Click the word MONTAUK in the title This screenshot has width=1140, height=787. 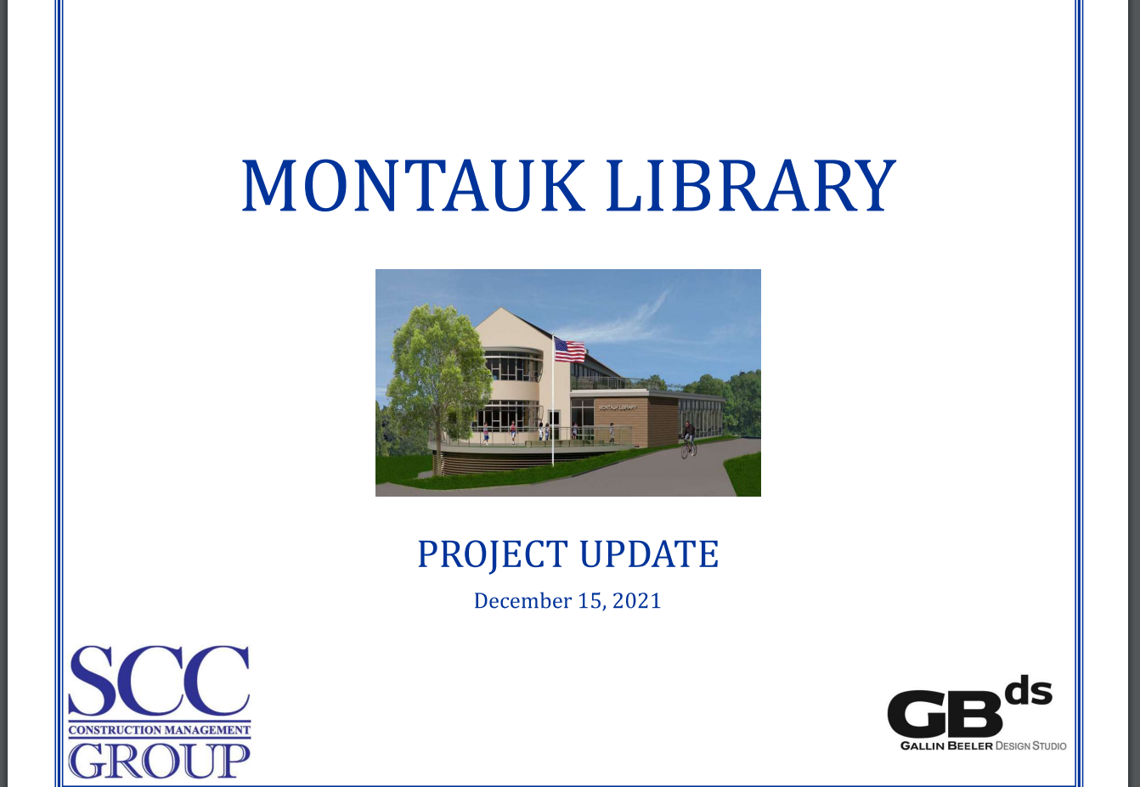413,185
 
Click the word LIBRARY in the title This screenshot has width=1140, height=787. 751,185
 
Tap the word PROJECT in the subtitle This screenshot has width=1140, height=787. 492,554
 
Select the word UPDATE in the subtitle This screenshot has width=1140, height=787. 649,554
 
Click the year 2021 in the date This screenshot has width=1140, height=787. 636,601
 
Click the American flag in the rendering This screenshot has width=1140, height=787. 569,350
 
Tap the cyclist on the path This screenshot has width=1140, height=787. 689,440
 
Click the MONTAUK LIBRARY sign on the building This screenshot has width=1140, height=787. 617,408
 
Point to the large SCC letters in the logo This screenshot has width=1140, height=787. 159,681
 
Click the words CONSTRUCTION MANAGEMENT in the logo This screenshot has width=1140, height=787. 160,730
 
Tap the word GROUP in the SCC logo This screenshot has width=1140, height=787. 160,760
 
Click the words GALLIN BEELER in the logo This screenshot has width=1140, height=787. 946,746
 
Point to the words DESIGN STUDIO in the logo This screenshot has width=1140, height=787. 1030,746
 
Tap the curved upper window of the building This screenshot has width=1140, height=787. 511,365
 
